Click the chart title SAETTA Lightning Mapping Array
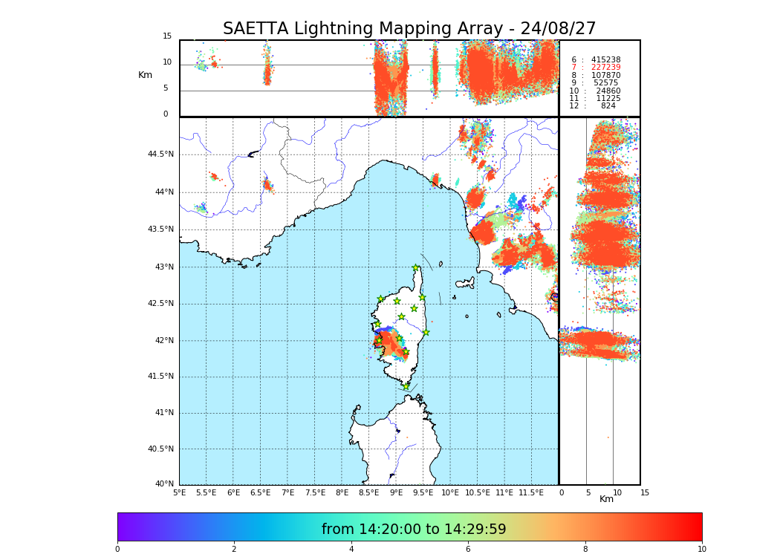pos(409,29)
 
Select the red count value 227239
pos(605,68)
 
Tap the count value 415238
pos(605,59)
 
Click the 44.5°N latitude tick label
pos(160,154)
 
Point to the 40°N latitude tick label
pos(164,484)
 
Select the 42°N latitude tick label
pos(164,341)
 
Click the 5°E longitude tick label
pos(179,492)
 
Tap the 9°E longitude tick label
pos(396,492)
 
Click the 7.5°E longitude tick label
pos(315,492)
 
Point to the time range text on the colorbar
pos(414,530)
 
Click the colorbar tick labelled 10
pos(701,550)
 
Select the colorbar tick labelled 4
pos(351,550)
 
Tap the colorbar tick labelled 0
pos(117,550)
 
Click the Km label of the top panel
pos(145,75)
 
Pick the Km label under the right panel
pos(606,499)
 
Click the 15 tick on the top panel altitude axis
pos(167,36)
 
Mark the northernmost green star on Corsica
pos(416,268)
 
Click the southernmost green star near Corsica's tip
pos(406,386)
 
